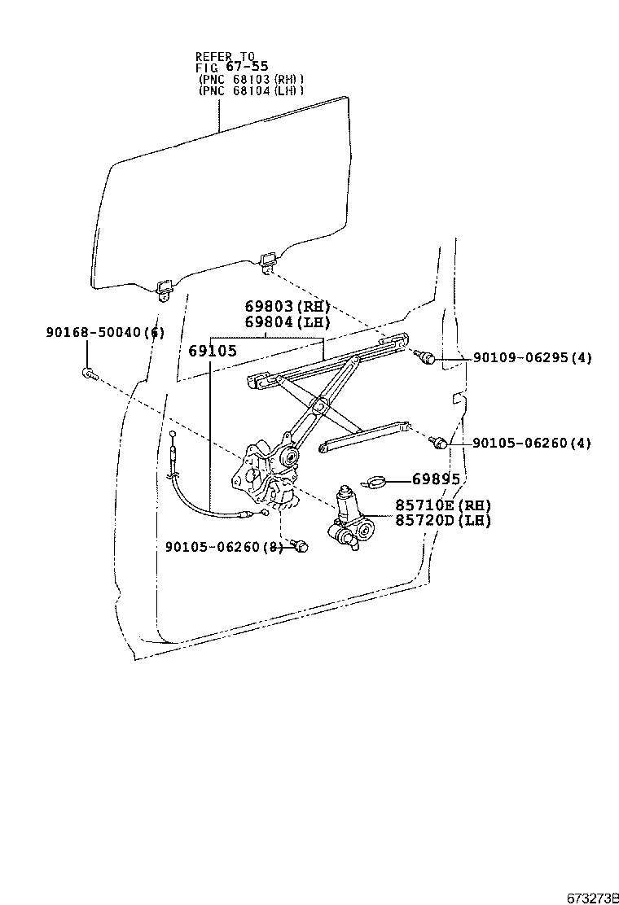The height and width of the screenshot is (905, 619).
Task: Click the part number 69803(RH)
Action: (288, 307)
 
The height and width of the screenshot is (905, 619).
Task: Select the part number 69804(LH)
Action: (288, 322)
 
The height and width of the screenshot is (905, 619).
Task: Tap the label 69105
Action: (212, 351)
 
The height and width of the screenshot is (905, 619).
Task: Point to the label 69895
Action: (436, 479)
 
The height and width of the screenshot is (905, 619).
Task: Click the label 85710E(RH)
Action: (443, 505)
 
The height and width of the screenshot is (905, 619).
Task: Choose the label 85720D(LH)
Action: (443, 520)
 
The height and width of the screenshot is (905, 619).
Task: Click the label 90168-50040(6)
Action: (105, 332)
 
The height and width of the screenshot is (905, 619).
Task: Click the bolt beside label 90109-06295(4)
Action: (426, 357)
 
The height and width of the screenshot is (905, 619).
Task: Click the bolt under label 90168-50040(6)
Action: (89, 374)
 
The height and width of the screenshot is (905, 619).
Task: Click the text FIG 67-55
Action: (231, 66)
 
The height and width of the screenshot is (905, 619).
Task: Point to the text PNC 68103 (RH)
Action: (251, 79)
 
